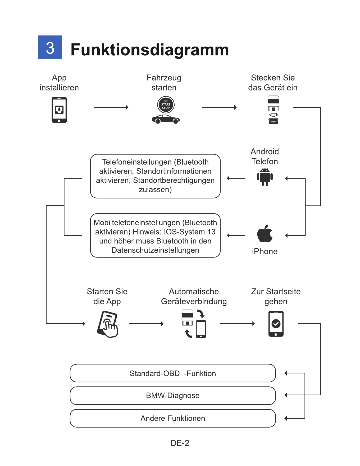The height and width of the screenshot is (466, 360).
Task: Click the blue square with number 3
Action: pos(50,47)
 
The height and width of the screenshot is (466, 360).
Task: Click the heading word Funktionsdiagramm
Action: pos(150,50)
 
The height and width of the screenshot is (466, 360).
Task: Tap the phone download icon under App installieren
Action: pos(59,110)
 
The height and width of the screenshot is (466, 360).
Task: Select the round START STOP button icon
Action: pos(166,105)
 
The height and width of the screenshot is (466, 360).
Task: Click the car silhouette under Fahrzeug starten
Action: pos(166,119)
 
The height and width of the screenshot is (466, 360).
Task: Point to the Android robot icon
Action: pos(265,177)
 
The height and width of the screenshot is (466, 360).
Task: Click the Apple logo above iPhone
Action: pos(265,233)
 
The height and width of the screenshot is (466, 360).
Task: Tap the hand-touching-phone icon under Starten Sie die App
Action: pos(107,324)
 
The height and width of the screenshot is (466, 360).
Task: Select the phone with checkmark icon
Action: pos(276,324)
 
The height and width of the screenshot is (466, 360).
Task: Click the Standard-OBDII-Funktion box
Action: pos(173,373)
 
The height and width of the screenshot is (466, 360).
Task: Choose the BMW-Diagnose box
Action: pos(173,396)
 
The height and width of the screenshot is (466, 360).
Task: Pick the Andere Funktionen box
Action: pos(173,418)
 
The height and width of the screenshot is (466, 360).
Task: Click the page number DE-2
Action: pos(180,443)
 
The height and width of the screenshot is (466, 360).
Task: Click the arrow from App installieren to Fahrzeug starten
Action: pos(111,107)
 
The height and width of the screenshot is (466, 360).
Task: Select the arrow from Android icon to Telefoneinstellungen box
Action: pos(236,178)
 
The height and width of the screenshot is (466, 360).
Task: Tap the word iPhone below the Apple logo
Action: pos(265,251)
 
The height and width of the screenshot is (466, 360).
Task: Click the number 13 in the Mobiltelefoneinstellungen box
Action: pos(211,232)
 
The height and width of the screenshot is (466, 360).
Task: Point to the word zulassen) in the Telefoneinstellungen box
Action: pos(155,189)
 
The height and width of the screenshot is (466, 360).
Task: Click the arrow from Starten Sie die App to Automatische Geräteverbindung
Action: pos(146,324)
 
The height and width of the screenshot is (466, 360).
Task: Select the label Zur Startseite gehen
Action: pos(276,296)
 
